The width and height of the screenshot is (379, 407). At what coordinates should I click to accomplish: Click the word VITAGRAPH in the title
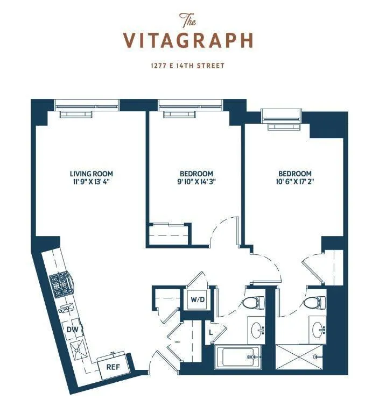click(188, 40)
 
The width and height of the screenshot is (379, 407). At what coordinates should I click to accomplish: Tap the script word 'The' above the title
click(188, 21)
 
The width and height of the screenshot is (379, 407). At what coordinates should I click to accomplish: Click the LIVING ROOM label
click(92, 174)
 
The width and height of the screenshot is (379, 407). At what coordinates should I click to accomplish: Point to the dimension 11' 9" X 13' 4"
click(92, 182)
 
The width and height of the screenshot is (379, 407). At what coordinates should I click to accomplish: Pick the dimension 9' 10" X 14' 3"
click(196, 182)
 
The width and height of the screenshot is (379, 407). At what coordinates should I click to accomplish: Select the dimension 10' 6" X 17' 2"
click(294, 182)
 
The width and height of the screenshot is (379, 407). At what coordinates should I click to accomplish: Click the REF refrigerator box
click(113, 367)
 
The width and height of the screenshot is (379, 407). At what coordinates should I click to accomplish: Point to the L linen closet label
click(211, 333)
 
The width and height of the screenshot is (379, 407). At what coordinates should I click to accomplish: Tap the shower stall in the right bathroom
click(298, 357)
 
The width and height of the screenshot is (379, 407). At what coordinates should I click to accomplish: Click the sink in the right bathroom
click(316, 327)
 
